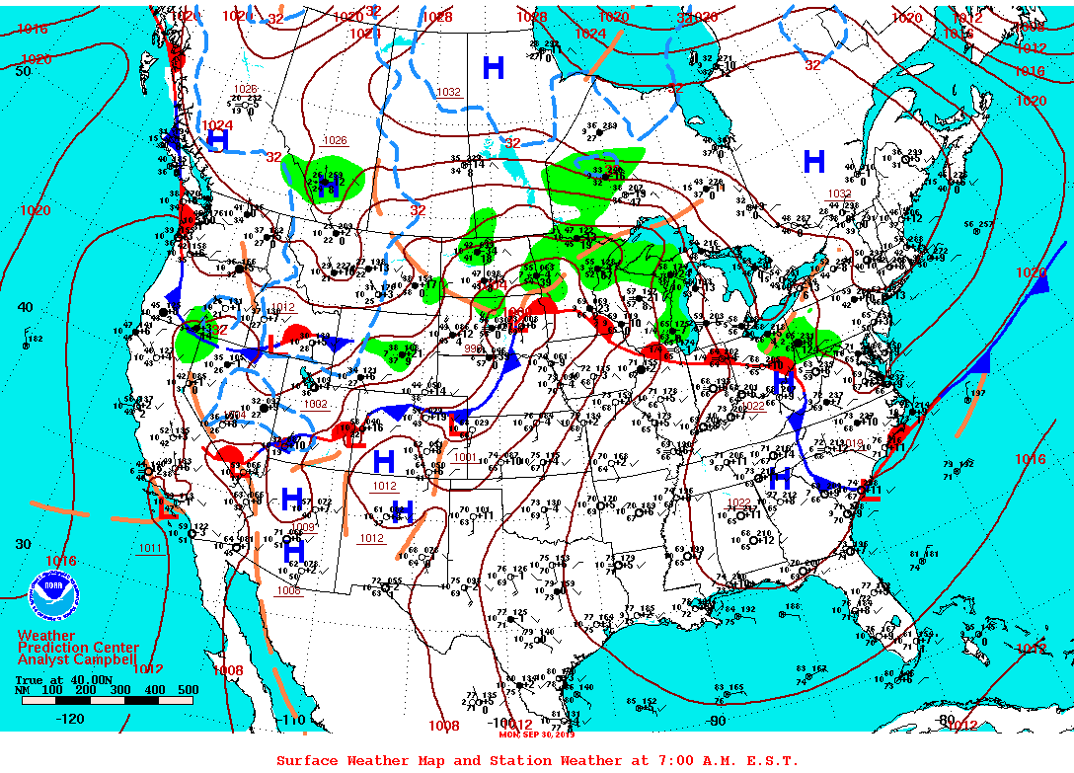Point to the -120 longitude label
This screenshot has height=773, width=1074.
(70, 720)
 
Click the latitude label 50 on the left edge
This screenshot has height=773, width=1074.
(23, 70)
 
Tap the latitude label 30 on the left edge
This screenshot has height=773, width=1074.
(23, 544)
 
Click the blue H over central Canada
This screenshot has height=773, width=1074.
(493, 67)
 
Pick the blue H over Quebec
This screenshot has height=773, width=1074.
(814, 161)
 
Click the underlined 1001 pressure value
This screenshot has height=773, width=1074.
(466, 456)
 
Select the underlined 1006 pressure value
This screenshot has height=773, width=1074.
(288, 590)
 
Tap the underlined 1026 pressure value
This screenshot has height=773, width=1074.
(335, 140)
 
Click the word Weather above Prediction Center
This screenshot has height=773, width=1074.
(45, 635)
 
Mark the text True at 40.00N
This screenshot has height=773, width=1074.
(54, 679)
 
